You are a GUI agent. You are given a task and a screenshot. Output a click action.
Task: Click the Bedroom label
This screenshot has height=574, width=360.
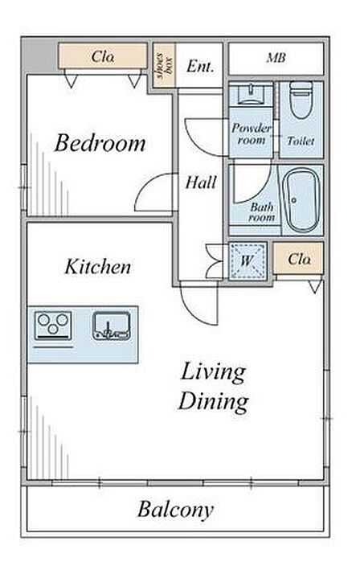tap(100, 143)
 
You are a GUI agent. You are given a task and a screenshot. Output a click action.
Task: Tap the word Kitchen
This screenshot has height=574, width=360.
tap(98, 267)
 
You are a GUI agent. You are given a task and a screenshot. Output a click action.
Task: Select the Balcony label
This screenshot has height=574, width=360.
tap(175, 509)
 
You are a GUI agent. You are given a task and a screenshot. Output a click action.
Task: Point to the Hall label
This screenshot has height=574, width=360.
tap(201, 182)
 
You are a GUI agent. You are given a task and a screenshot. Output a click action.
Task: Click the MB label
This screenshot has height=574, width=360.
tap(276, 58)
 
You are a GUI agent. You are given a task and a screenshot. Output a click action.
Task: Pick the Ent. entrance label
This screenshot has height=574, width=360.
tap(200, 66)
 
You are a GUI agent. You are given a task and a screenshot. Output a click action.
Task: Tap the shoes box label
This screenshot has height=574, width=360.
tap(164, 66)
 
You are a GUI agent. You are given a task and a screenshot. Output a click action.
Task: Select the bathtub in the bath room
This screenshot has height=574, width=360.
tap(302, 200)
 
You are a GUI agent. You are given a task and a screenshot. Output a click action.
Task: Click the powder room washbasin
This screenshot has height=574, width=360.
tap(251, 93)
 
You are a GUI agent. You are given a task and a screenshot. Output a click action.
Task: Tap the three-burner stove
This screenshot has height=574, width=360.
tap(53, 325)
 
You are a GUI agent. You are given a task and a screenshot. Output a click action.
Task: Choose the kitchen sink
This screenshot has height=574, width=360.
tap(111, 326)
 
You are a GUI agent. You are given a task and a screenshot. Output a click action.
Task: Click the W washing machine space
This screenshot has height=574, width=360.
tap(247, 260)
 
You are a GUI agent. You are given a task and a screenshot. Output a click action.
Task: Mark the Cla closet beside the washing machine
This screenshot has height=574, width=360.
tap(298, 258)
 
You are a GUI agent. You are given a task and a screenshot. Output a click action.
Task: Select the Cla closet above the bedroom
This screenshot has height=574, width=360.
tap(103, 56)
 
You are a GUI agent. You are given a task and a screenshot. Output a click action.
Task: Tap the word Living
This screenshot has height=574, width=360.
tap(213, 373)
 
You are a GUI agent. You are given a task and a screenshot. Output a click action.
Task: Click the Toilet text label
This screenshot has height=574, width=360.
tap(301, 141)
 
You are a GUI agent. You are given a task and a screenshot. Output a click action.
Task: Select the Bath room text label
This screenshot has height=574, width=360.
tap(262, 212)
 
